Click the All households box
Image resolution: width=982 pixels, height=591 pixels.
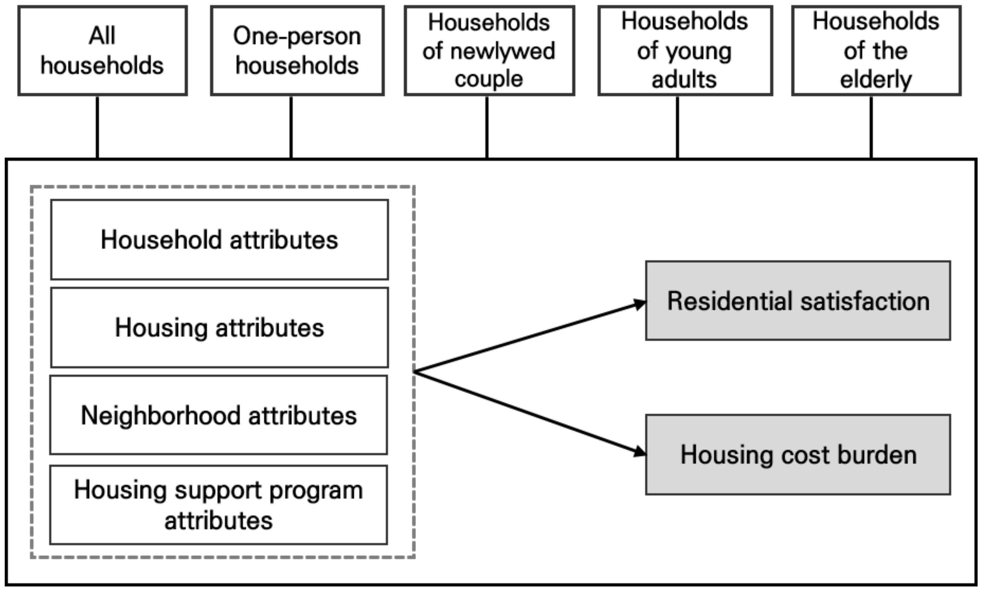102,51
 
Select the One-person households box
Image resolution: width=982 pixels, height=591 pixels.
297,51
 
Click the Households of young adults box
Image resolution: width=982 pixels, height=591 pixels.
685,51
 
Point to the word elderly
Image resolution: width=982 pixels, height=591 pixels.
876,80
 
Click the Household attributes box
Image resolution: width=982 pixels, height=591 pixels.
219,240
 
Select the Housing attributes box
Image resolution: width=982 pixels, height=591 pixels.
219,327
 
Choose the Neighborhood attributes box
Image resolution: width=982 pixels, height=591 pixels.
218,415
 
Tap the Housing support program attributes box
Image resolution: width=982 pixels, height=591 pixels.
218,504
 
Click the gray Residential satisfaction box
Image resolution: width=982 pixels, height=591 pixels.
798,301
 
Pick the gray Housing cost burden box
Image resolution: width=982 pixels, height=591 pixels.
798,455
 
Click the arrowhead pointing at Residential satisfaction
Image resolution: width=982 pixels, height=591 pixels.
639,304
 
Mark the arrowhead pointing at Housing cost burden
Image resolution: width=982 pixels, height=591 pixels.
639,452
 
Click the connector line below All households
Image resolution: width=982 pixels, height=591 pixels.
97,127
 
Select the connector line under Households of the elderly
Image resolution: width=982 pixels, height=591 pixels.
871,127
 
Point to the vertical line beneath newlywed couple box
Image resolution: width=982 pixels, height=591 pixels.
486,127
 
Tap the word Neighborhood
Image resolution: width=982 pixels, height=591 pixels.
160,416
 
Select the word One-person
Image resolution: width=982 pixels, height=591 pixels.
297,36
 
